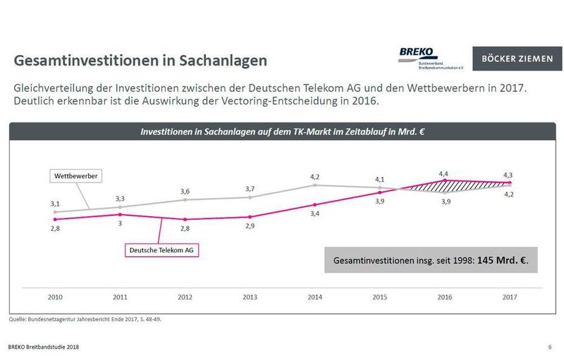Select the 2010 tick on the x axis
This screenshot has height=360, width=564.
pyautogui.click(x=55, y=297)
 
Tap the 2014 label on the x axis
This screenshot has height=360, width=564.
pyautogui.click(x=315, y=297)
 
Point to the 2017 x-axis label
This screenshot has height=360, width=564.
pyautogui.click(x=510, y=297)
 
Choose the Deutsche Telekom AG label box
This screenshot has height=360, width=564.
pyautogui.click(x=160, y=249)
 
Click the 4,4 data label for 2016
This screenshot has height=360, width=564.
pyautogui.click(x=444, y=173)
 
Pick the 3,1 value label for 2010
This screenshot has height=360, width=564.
pyautogui.click(x=55, y=203)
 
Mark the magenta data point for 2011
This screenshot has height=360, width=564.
pyautogui.click(x=120, y=214)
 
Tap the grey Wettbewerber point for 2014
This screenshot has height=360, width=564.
pyautogui.click(x=315, y=185)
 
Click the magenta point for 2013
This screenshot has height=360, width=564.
pyautogui.click(x=250, y=217)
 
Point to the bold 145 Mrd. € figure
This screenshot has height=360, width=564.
pyautogui.click(x=502, y=260)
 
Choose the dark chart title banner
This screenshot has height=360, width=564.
pyautogui.click(x=281, y=131)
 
